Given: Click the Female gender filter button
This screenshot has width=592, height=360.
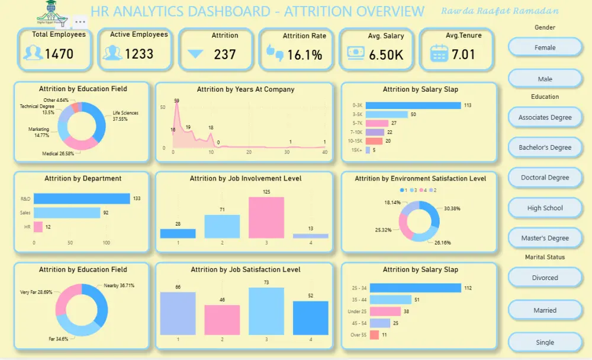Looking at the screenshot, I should [x=545, y=47].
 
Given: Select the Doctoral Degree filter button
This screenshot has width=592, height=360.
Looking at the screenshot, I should [x=545, y=178].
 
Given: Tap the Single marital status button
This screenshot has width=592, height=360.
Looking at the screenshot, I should [x=545, y=342].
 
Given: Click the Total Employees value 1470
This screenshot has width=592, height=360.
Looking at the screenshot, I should [x=59, y=54].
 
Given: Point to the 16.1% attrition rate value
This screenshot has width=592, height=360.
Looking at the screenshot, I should [x=304, y=55].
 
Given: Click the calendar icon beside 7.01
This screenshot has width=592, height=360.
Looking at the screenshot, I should [x=439, y=54].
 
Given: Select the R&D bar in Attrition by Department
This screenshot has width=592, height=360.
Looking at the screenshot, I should [x=82, y=199].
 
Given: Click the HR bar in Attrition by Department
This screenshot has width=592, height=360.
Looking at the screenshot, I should [x=38, y=226].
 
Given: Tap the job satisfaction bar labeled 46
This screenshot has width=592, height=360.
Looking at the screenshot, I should [x=222, y=320].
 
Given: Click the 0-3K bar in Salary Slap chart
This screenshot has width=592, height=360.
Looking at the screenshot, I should [x=413, y=105].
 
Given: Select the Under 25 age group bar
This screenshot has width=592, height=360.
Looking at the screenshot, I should [x=385, y=311].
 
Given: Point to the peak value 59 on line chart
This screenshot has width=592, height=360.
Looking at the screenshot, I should [x=176, y=101].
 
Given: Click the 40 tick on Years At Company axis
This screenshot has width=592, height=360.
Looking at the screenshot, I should [x=324, y=153].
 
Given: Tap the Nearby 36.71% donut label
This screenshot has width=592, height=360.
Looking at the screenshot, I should [x=119, y=285].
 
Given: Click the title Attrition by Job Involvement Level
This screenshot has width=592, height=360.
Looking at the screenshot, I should [x=246, y=178].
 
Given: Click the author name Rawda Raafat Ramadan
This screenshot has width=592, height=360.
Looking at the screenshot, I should [x=500, y=11].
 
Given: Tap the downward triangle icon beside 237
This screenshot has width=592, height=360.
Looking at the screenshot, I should [x=195, y=54].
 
